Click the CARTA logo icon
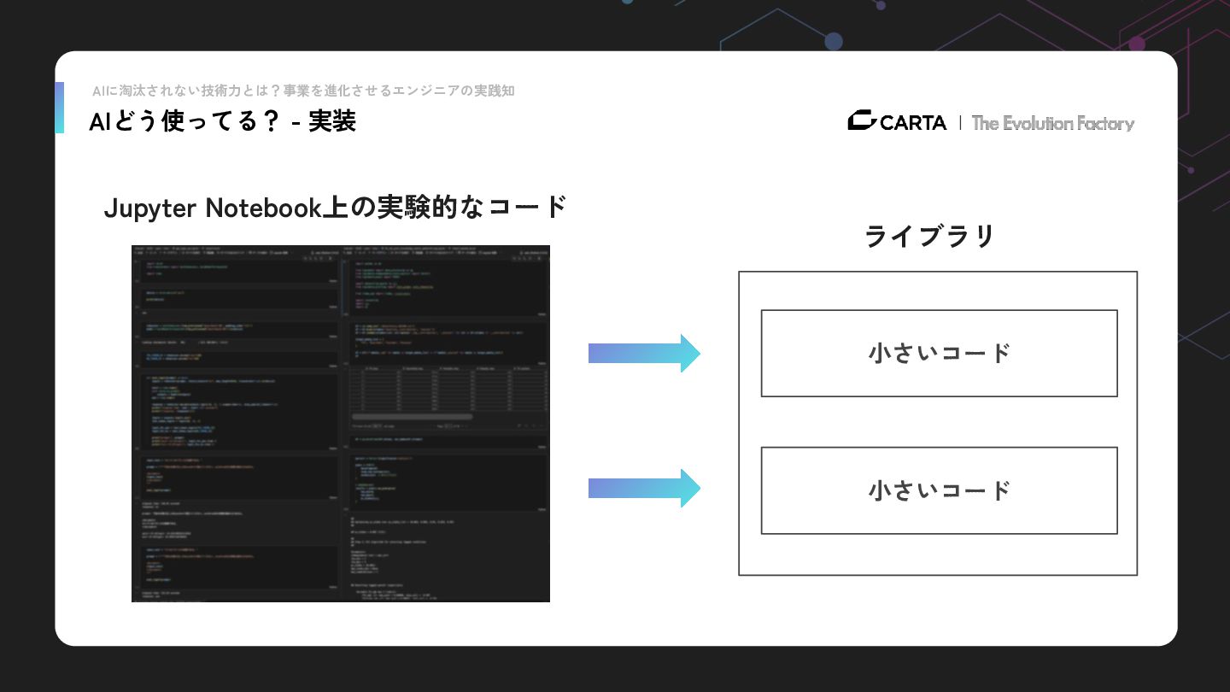pyautogui.click(x=861, y=121)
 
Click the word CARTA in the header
pyautogui.click(x=913, y=123)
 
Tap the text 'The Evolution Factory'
pyautogui.click(x=1052, y=123)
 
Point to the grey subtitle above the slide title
pyautogui.click(x=303, y=91)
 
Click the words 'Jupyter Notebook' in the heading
pyautogui.click(x=212, y=207)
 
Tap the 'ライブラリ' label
pyautogui.click(x=929, y=236)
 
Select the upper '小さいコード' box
pyautogui.click(x=939, y=353)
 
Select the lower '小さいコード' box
pyautogui.click(x=939, y=490)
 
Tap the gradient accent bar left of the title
pyautogui.click(x=59, y=108)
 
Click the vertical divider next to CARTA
pyautogui.click(x=960, y=123)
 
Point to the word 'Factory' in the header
pyautogui.click(x=1105, y=123)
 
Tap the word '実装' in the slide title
pyautogui.click(x=332, y=122)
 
